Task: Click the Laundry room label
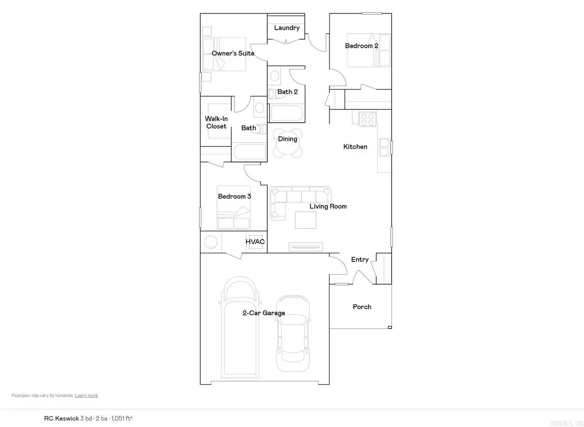point(287,28)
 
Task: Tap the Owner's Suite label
point(233,53)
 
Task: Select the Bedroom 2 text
point(362,46)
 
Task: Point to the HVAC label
point(255,242)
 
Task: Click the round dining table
point(287,143)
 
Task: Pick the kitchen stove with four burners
point(367,118)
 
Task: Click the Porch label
point(362,307)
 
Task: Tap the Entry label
point(360,260)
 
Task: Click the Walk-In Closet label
point(216,122)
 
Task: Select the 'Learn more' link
point(86,395)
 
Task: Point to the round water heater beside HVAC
point(211,242)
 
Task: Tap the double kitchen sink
point(384,147)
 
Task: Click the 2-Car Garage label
point(264,313)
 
